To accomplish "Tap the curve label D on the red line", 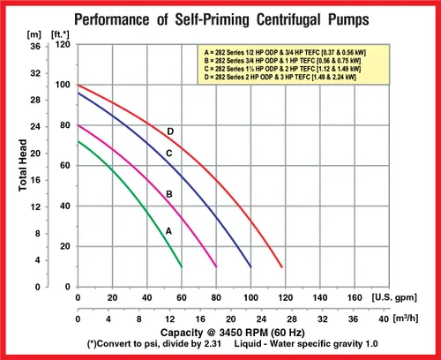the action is pyautogui.click(x=170, y=131).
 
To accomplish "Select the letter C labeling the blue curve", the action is pyautogui.click(x=169, y=154).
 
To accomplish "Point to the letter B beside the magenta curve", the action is pyautogui.click(x=169, y=194).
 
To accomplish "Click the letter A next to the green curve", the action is pyautogui.click(x=168, y=231).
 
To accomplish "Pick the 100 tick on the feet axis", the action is pyautogui.click(x=63, y=85).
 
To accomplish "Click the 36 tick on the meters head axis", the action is pyautogui.click(x=35, y=46).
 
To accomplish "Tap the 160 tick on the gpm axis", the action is pyautogui.click(x=355, y=297).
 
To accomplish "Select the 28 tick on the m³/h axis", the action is pyautogui.click(x=292, y=319).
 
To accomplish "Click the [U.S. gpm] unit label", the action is pyautogui.click(x=394, y=297).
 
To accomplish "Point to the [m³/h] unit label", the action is pyautogui.click(x=406, y=319).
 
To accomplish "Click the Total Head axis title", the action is pyautogui.click(x=23, y=165).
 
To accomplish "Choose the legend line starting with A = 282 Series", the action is pyautogui.click(x=285, y=53).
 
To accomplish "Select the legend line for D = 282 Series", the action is pyautogui.click(x=280, y=77).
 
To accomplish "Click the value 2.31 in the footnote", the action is pyautogui.click(x=212, y=343).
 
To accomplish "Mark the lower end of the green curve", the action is pyautogui.click(x=182, y=266).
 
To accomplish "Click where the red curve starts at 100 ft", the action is pyautogui.click(x=78, y=85).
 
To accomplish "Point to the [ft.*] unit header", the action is pyautogui.click(x=60, y=34).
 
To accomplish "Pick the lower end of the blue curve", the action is pyautogui.click(x=250, y=266).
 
